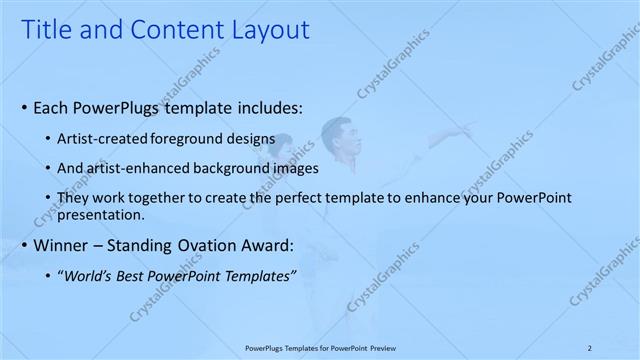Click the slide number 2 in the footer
point(589,347)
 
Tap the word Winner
point(61,246)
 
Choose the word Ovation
point(191,246)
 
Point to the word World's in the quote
point(86,276)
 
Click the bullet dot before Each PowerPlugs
point(24,107)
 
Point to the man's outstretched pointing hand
point(468,129)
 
